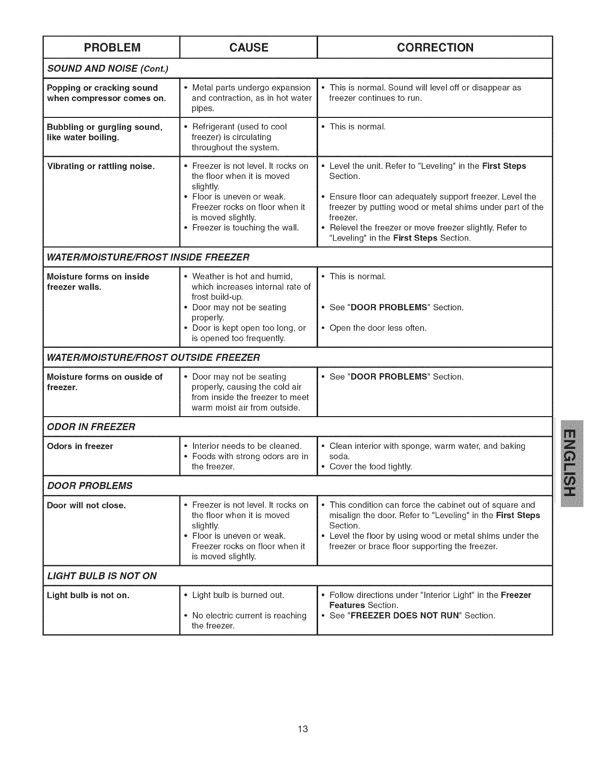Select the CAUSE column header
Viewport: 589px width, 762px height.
point(249,47)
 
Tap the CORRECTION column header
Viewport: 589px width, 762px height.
point(435,47)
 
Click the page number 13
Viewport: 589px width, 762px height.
point(302,729)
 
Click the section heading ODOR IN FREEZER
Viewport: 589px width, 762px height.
point(91,427)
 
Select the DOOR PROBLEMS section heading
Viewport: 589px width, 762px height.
point(90,485)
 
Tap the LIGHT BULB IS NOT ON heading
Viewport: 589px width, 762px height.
point(102,576)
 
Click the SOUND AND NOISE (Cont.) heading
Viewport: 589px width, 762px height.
point(107,68)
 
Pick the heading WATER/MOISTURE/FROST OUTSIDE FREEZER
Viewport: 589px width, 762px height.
point(153,357)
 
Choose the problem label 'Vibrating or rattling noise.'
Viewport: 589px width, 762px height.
point(101,166)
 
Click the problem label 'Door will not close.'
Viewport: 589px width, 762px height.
point(86,506)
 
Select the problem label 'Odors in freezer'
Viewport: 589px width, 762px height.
point(80,446)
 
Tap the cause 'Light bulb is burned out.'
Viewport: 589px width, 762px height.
point(238,595)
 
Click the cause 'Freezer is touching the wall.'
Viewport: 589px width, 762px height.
point(245,228)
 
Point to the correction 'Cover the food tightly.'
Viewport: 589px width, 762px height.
point(371,467)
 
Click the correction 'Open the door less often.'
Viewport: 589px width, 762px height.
point(378,328)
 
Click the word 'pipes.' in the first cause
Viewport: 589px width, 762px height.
point(203,108)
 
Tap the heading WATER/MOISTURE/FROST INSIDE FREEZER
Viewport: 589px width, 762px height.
point(148,257)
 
